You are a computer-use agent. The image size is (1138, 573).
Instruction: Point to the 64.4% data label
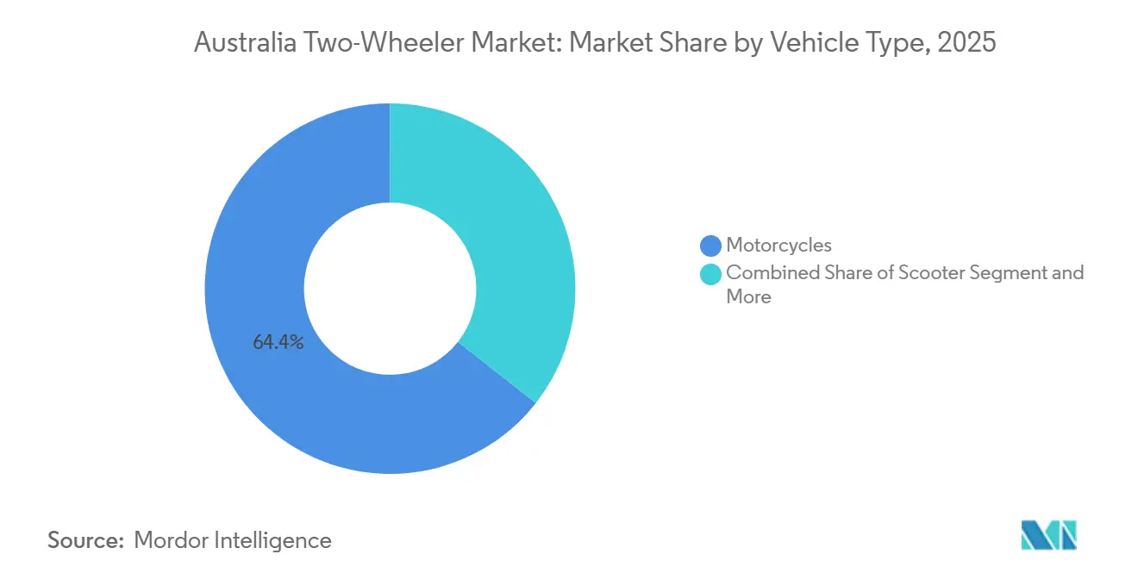[x=278, y=342]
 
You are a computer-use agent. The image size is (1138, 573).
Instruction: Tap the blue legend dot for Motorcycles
[x=710, y=246]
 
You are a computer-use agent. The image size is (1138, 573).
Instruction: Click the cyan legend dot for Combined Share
[x=710, y=274]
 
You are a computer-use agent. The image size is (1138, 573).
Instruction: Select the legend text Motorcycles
[x=778, y=246]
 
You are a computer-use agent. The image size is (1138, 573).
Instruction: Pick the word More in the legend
[x=748, y=297]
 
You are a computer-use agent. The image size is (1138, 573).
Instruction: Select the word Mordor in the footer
[x=172, y=540]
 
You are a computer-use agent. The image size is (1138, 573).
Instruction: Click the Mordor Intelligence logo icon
[x=1048, y=535]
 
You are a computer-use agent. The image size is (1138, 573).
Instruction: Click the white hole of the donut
[x=390, y=289]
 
